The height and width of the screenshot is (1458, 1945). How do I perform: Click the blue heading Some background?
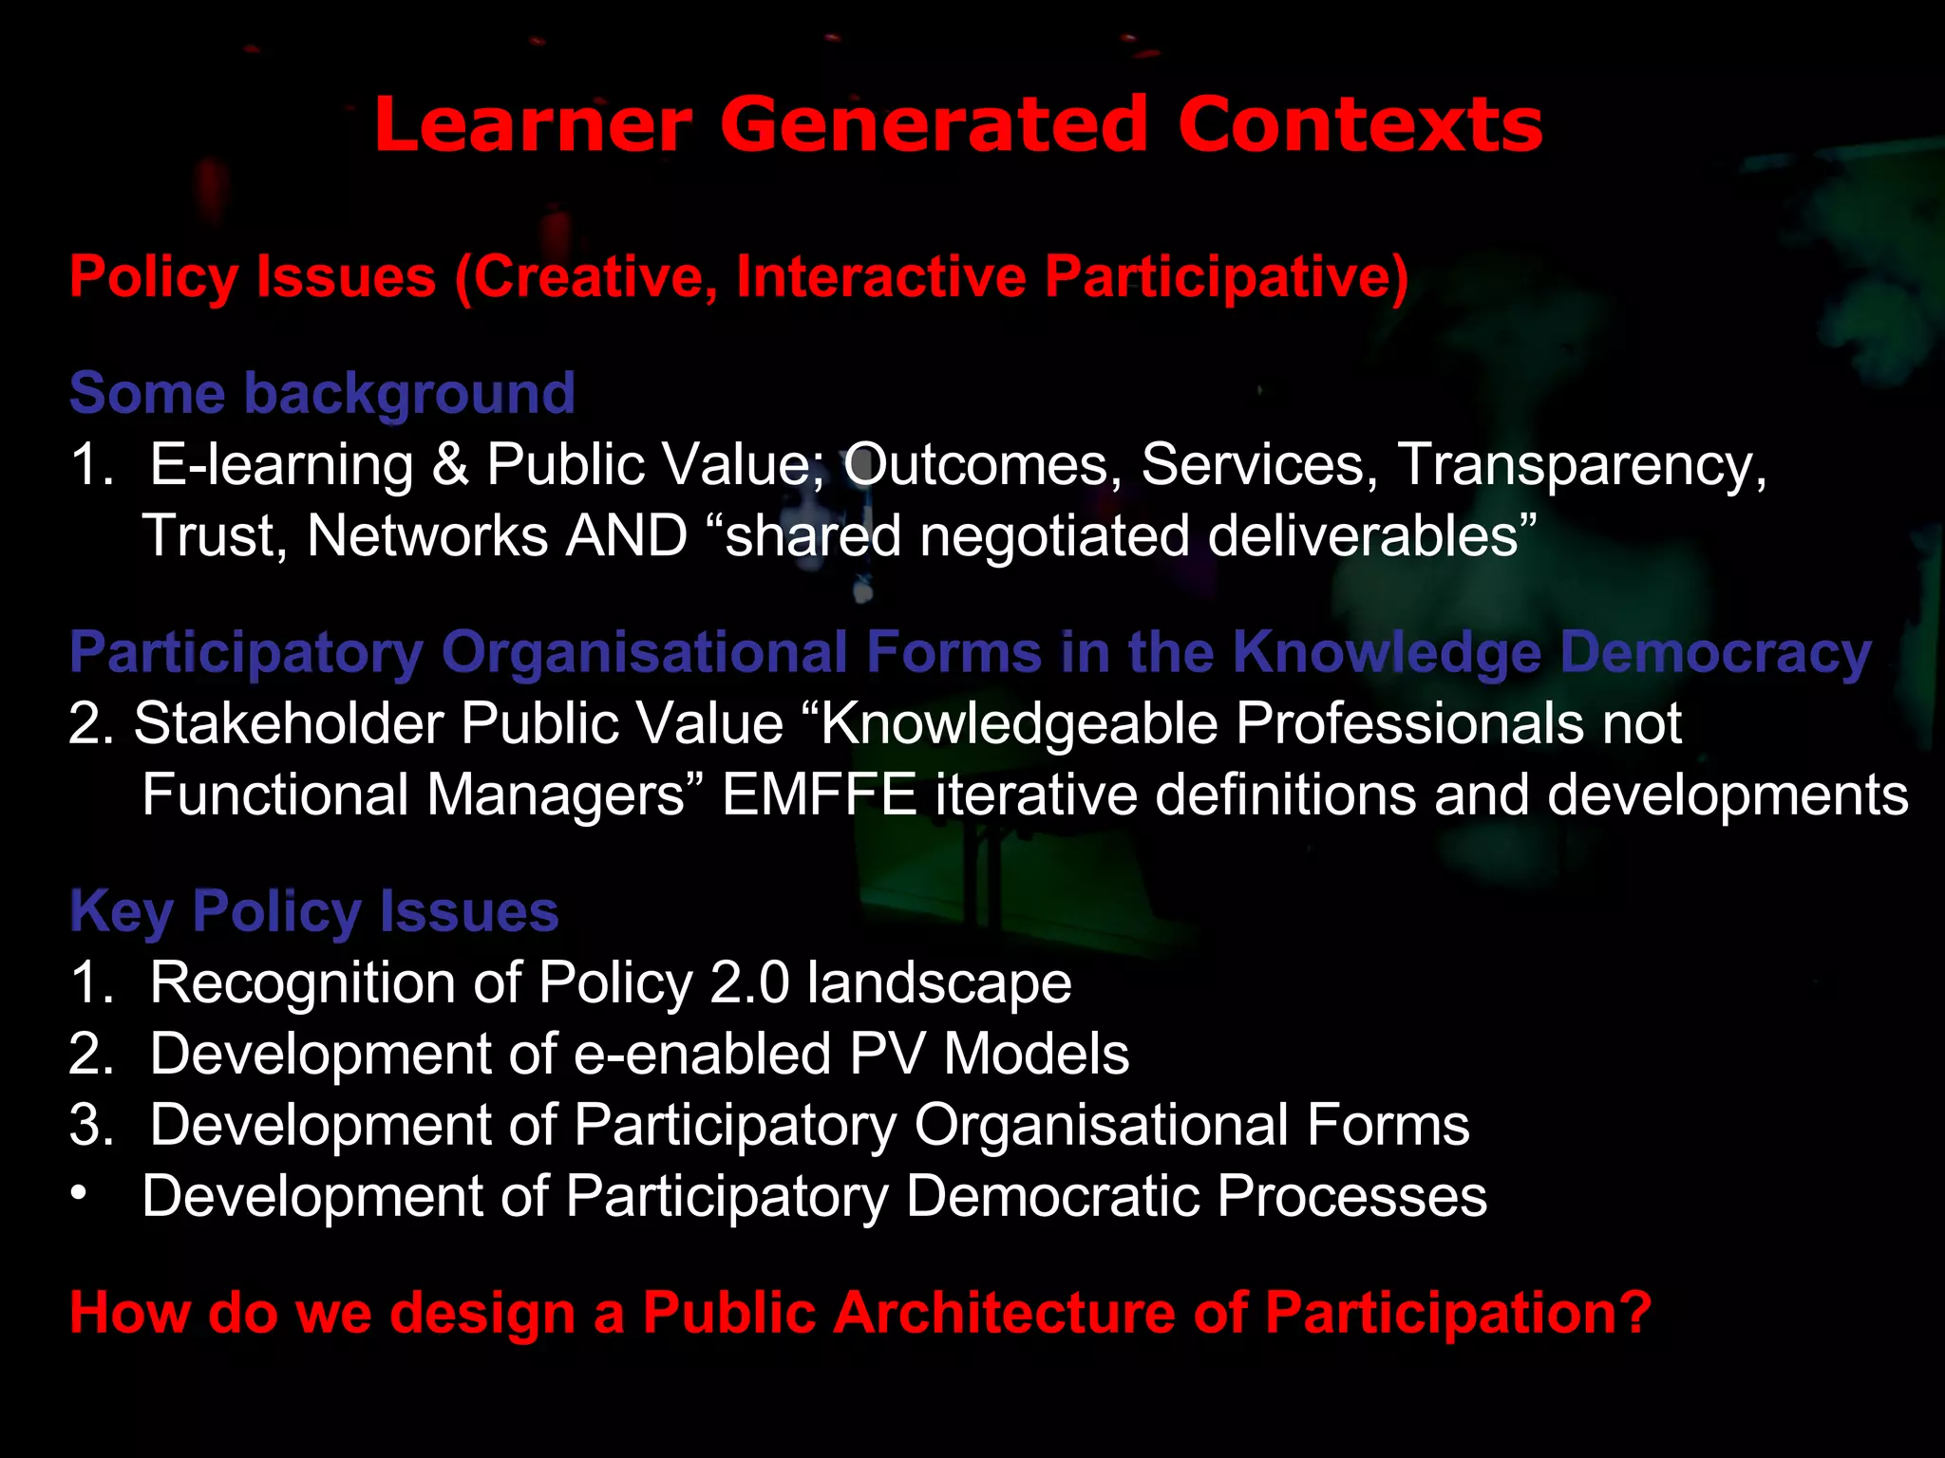coord(322,394)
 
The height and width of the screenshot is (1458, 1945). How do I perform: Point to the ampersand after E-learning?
coord(450,464)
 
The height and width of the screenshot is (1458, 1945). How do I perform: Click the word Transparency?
coord(1581,464)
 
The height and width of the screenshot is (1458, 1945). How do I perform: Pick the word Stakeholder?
coord(289,723)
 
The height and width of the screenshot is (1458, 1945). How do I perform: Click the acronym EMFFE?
coord(820,794)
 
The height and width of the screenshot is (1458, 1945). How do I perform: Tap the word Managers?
coord(556,794)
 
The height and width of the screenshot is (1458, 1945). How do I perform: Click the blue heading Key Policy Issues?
coord(314,911)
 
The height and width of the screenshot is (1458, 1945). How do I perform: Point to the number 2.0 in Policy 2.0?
coord(749,981)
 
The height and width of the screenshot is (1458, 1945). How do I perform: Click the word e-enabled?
coord(703,1054)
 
